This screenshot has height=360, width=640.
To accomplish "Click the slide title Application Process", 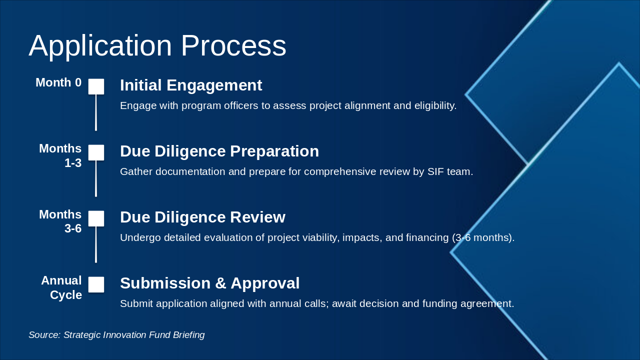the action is (157, 46).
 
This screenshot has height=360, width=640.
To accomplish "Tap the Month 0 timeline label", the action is (58, 82).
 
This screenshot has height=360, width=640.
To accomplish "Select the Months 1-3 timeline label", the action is (60, 155).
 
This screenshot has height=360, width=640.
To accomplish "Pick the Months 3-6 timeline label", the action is (60, 221).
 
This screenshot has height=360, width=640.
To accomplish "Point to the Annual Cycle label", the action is (61, 287).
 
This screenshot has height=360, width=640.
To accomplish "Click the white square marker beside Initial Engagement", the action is (96, 86).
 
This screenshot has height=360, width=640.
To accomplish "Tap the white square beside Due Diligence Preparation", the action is (96, 152).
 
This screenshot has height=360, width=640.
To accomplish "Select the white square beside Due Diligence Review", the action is (96, 218).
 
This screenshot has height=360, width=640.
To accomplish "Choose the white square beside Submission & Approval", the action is (96, 284).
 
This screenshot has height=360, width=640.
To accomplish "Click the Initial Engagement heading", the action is (191, 85).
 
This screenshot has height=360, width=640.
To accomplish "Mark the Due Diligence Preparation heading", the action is (219, 151).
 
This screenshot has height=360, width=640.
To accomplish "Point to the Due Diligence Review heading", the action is (202, 217).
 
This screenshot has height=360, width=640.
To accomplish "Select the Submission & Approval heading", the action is (209, 283).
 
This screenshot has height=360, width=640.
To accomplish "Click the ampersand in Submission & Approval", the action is (220, 283).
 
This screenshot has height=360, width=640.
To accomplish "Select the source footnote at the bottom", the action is (116, 335).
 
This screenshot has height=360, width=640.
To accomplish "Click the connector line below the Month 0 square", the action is (96, 112).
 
